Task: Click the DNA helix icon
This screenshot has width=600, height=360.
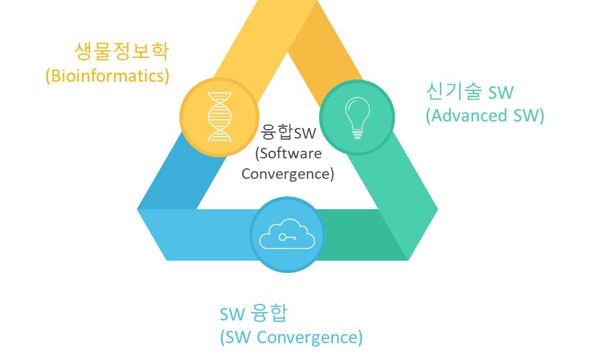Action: tap(219, 116)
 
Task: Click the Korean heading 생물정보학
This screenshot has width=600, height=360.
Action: tap(122, 51)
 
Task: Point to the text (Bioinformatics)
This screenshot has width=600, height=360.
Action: tap(107, 76)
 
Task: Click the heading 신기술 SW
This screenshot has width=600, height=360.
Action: tap(470, 91)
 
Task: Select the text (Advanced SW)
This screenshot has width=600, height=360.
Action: tap(485, 115)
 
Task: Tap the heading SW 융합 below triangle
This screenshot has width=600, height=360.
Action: tap(254, 314)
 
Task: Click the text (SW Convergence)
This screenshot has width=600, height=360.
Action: tap(291, 337)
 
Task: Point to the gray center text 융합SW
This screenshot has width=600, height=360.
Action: tap(289, 132)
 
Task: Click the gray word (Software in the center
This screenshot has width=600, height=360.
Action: tap(289, 153)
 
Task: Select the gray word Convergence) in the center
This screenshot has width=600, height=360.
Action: tap(287, 174)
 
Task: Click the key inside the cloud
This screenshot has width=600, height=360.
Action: tap(287, 237)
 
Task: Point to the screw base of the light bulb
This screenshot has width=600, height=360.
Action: tap(356, 134)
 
